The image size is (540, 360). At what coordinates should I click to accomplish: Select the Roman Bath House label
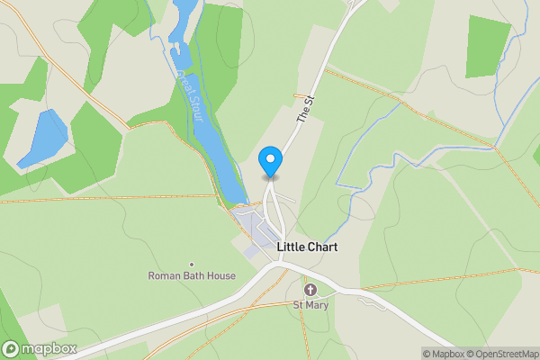tap(192, 276)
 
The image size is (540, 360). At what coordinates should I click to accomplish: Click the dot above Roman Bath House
tap(192, 265)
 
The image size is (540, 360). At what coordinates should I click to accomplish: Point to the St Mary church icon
tap(310, 290)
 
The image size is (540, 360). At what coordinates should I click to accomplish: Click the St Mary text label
tap(310, 305)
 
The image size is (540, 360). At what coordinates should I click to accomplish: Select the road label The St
tap(307, 112)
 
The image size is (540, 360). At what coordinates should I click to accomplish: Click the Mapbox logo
tap(40, 348)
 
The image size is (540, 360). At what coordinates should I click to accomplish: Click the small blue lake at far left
tap(42, 139)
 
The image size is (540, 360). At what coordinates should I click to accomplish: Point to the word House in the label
tap(220, 276)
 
